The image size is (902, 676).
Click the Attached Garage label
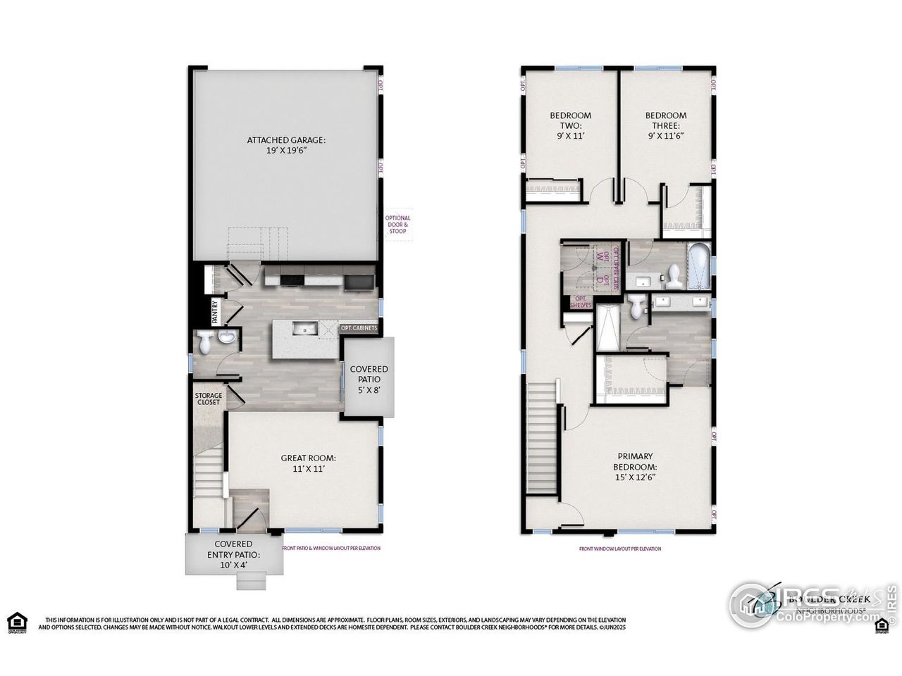[286, 145]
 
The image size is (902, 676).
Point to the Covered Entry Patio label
[227, 554]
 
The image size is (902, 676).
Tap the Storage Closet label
[208, 399]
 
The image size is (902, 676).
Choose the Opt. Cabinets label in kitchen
[359, 328]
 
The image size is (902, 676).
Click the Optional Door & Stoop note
[397, 228]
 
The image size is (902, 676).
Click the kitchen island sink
[306, 328]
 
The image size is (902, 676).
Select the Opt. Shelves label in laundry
[582, 301]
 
